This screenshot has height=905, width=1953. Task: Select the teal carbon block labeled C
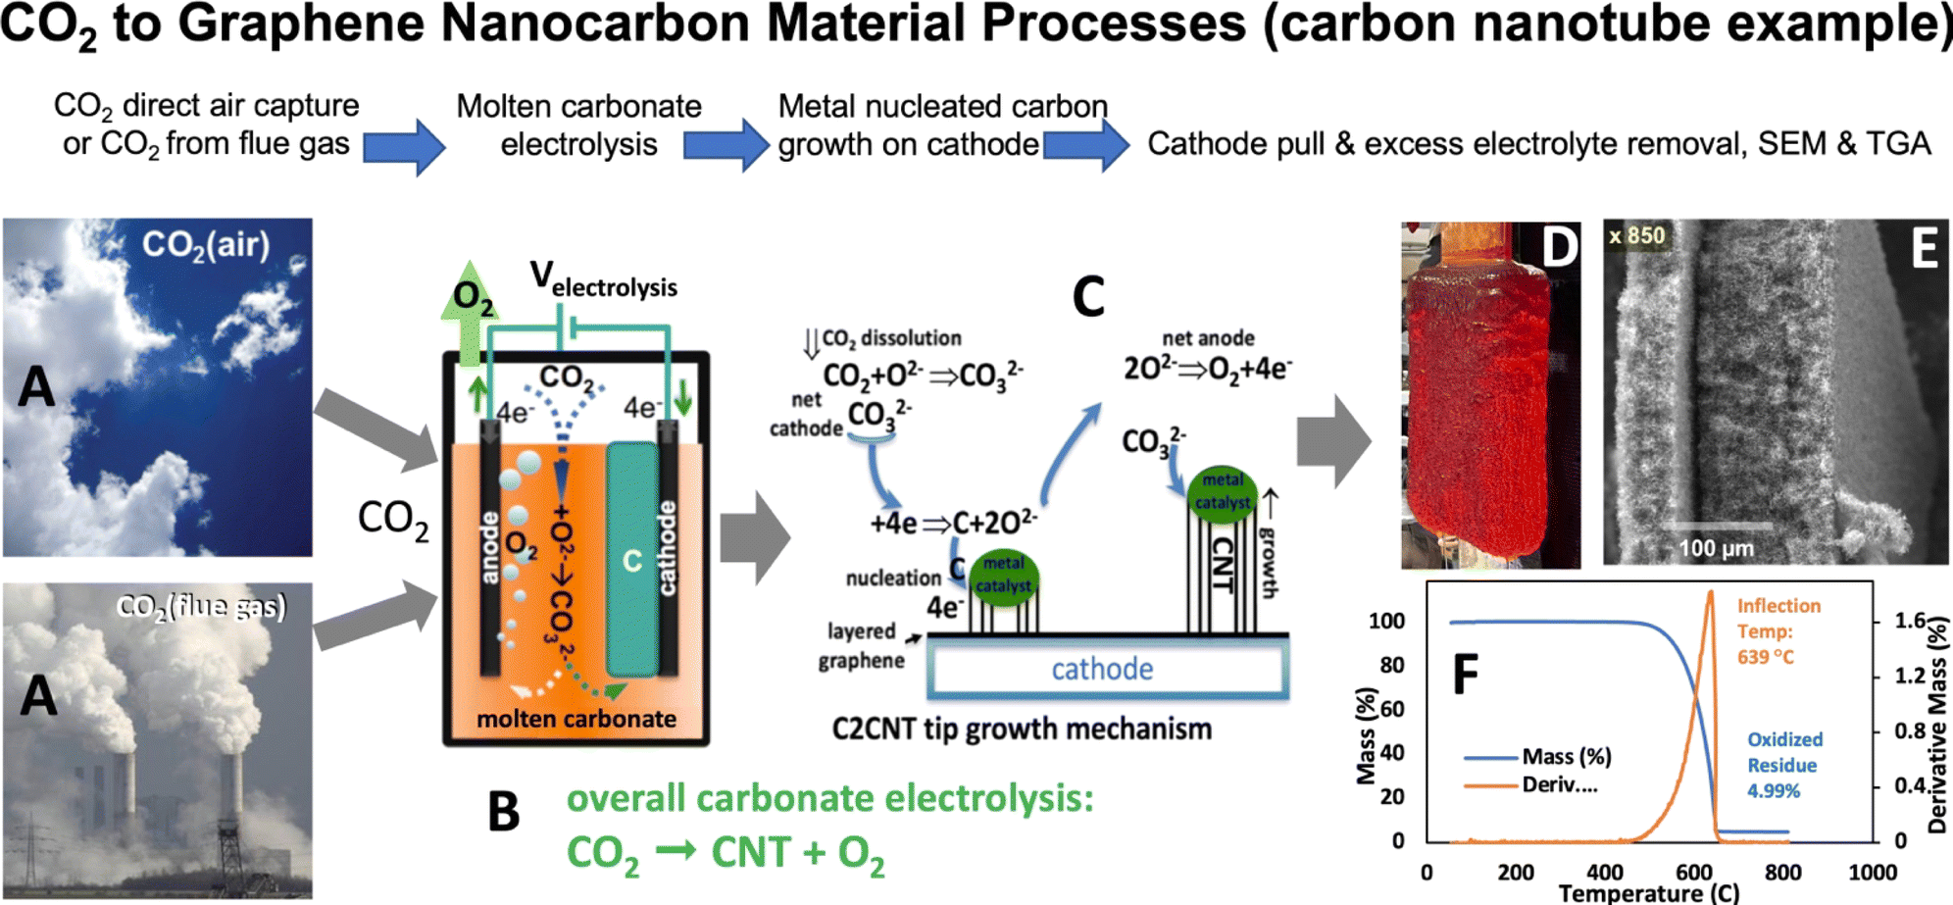pos(631,560)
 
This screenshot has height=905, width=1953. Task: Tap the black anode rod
pos(490,549)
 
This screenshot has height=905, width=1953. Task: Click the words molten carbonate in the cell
pos(576,719)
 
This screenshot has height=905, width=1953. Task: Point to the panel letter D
pos(1560,248)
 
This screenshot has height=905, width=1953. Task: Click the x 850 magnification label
pos(1636,235)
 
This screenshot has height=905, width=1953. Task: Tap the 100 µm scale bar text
pos(1716,548)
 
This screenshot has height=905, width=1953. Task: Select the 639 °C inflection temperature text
pos(1765,657)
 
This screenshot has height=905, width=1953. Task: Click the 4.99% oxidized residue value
pos(1773,791)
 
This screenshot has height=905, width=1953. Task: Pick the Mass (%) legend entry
pos(1566,756)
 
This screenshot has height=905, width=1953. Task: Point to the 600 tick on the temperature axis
pos(1694,873)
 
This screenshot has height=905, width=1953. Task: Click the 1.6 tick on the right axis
pos(1910,621)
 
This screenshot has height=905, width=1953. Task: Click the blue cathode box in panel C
pos(1103,670)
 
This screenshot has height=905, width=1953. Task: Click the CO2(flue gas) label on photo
pos(201,607)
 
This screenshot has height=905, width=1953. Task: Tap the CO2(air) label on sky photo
pos(205,244)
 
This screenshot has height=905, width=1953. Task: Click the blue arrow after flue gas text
pos(404,147)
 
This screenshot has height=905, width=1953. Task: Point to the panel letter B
pos(503,813)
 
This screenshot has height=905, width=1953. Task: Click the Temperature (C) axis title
pos(1648,893)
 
